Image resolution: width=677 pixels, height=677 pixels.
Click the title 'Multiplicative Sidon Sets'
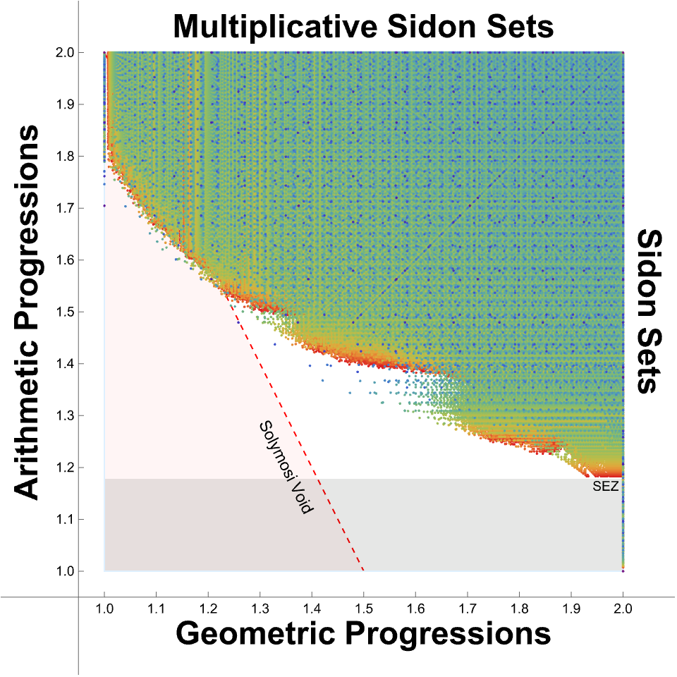click(x=362, y=27)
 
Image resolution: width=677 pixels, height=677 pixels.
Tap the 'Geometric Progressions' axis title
click(x=362, y=633)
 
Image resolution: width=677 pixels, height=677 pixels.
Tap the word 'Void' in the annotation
click(x=300, y=496)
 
